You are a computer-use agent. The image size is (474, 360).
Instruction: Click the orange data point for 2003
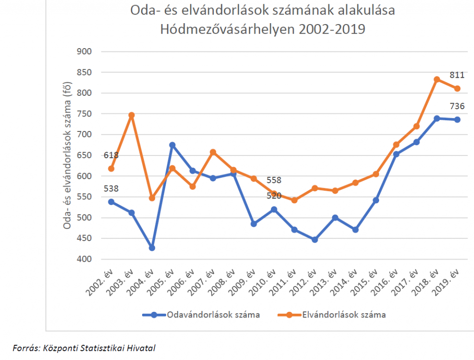click(131, 115)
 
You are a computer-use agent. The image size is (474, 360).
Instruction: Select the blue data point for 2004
click(152, 248)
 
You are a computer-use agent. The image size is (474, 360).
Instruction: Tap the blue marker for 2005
click(172, 145)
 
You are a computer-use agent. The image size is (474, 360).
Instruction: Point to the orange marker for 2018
click(437, 80)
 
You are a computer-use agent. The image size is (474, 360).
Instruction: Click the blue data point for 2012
click(315, 240)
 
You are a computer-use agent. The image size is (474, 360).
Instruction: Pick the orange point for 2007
click(213, 152)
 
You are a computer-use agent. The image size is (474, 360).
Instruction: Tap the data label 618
click(111, 155)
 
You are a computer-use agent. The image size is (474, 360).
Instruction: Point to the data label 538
click(111, 189)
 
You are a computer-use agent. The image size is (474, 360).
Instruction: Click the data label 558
click(274, 180)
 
